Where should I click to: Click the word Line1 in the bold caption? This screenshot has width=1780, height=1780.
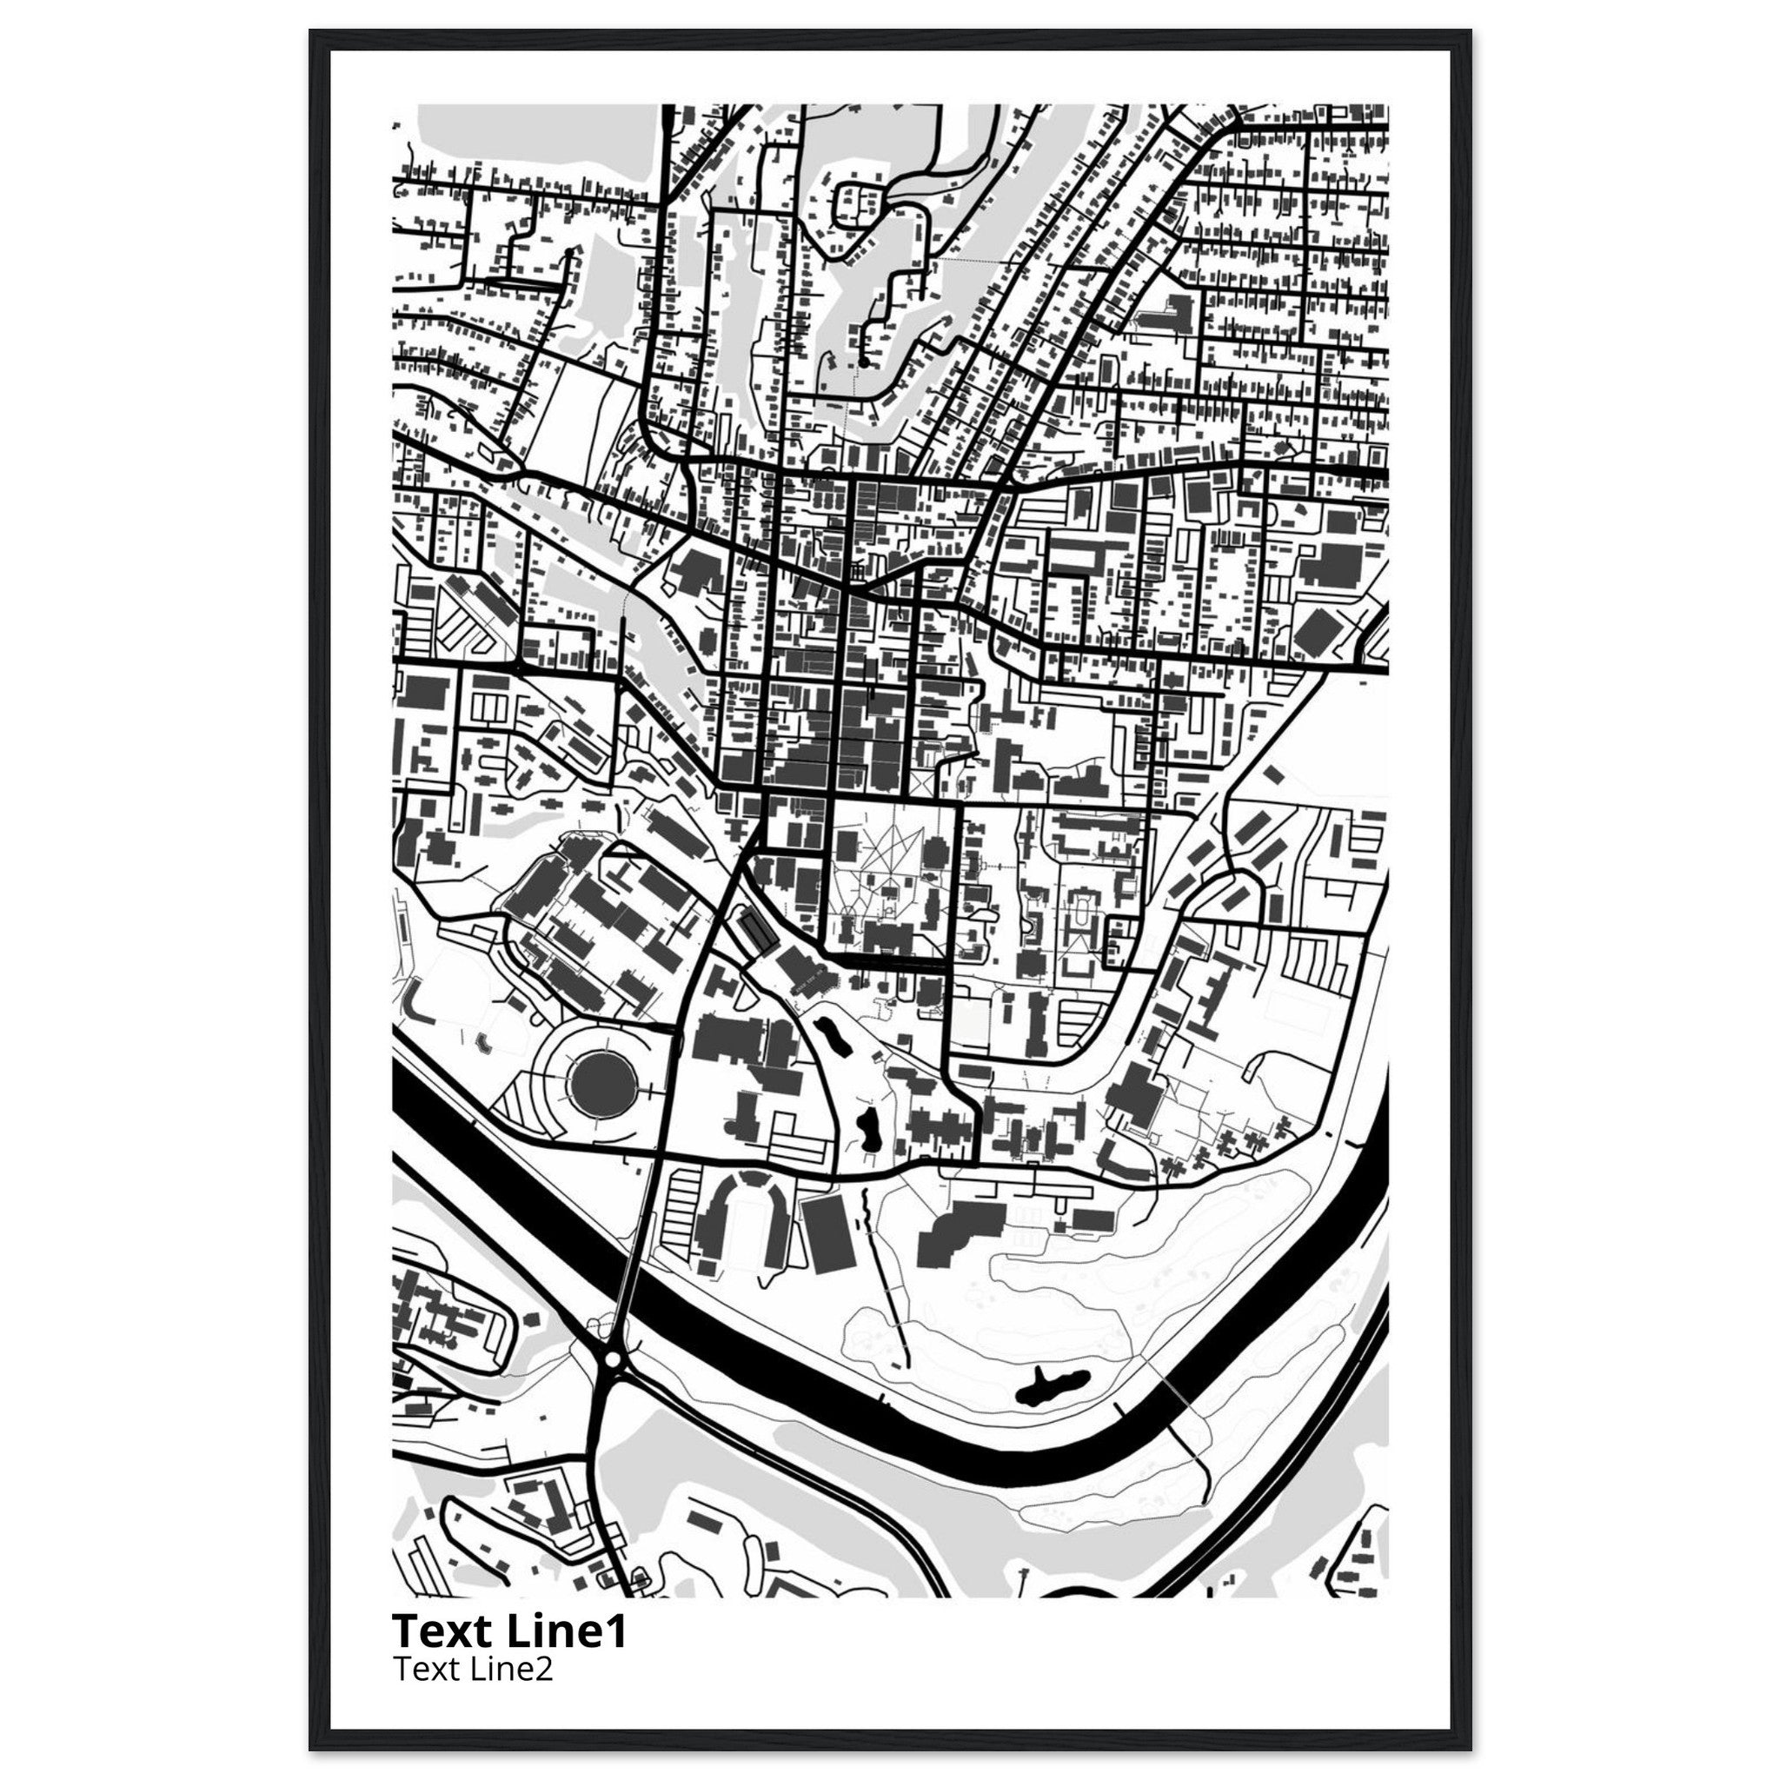568,1631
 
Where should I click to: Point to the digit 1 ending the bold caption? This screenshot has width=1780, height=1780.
617,1631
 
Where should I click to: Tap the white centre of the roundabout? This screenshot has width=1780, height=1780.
613,1359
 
